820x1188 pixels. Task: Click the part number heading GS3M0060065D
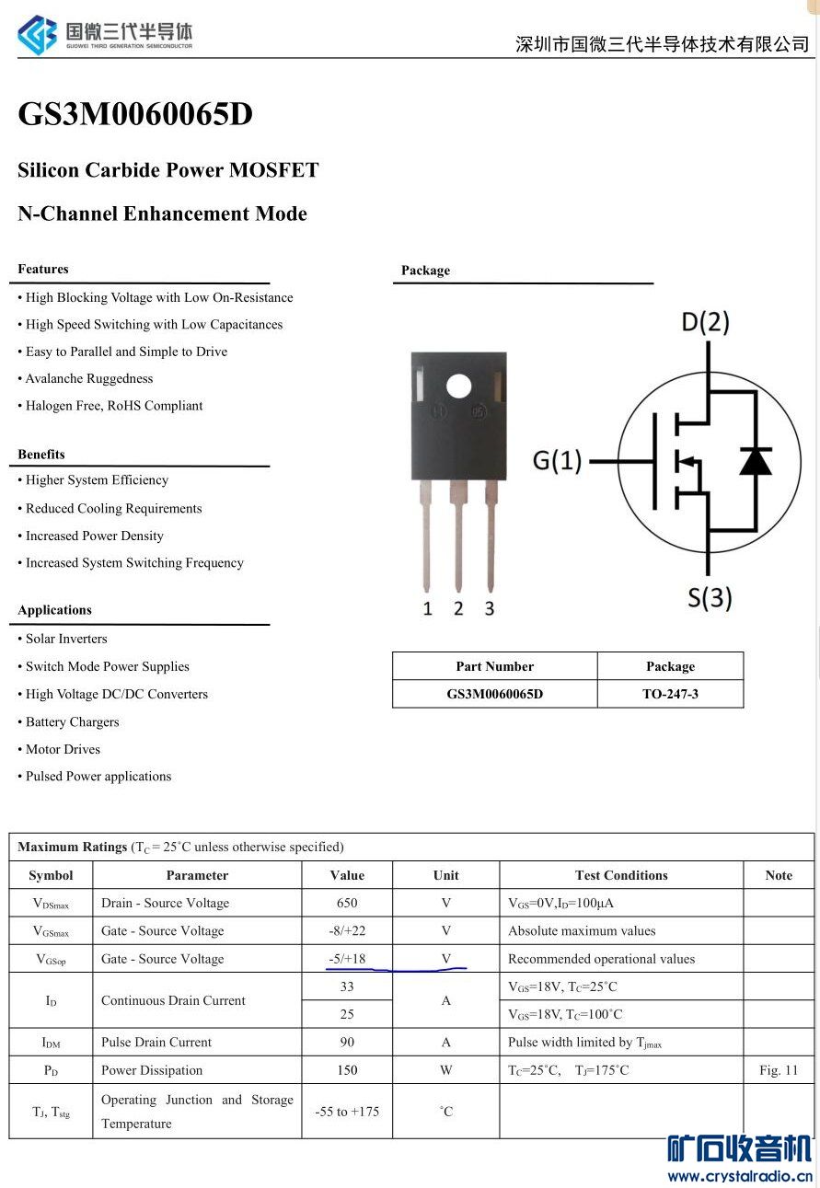click(x=134, y=114)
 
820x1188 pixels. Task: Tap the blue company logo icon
click(x=37, y=35)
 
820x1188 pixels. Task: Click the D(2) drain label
click(x=705, y=322)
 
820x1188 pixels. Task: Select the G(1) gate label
click(x=557, y=460)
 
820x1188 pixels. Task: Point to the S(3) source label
click(x=710, y=598)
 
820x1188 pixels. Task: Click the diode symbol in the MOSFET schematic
click(x=756, y=459)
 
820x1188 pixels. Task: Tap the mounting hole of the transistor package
click(x=458, y=385)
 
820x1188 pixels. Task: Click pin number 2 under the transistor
click(x=458, y=608)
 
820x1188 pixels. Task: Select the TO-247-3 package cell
click(x=670, y=694)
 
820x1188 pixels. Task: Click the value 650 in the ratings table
click(x=347, y=903)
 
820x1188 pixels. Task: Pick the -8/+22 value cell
click(x=347, y=930)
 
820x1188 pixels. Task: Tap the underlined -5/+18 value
click(x=347, y=959)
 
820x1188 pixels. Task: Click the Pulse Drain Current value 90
click(x=347, y=1042)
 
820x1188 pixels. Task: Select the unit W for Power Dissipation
click(x=445, y=1070)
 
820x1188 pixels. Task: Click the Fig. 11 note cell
click(x=779, y=1070)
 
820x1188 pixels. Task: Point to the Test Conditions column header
click(x=621, y=875)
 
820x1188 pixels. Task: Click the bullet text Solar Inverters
click(x=66, y=639)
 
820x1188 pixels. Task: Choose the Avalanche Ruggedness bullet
click(x=89, y=378)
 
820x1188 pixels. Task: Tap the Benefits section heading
click(x=41, y=454)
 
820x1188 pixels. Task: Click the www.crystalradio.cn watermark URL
click(x=739, y=1176)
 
